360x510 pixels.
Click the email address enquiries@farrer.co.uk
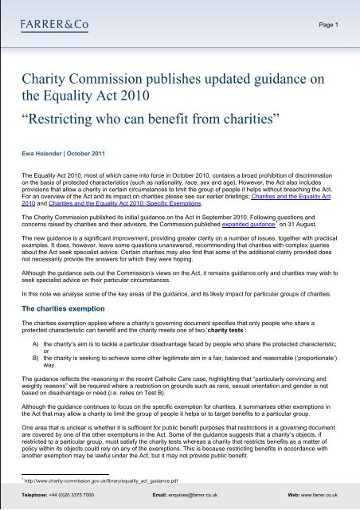click(205, 496)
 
